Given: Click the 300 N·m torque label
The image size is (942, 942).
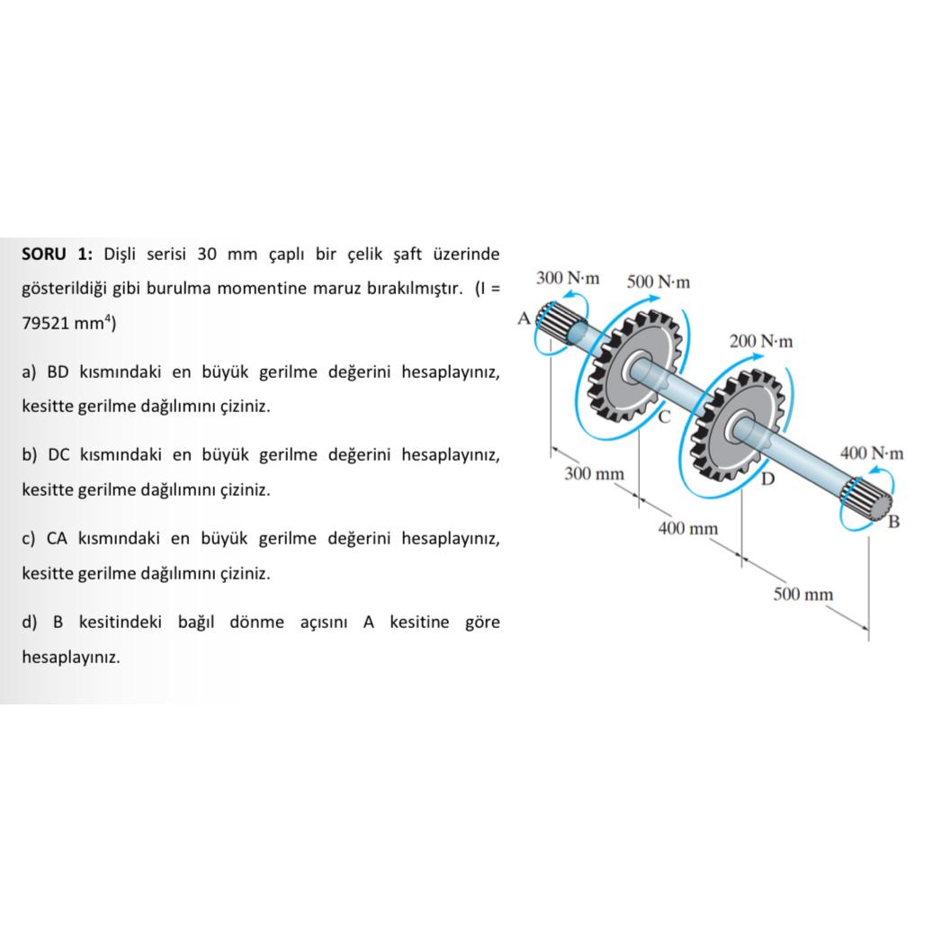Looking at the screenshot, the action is tap(567, 278).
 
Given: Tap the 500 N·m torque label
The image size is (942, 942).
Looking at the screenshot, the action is tap(659, 282).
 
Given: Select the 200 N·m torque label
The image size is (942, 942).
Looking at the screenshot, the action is tap(761, 341).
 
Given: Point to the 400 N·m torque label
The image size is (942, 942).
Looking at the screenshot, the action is tap(871, 453).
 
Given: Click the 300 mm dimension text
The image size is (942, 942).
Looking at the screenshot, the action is tap(594, 473).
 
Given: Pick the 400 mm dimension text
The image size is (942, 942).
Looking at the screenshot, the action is tap(688, 529).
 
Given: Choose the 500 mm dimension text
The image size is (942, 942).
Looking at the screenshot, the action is tap(803, 594).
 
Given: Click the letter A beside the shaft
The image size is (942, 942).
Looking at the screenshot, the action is tap(524, 318).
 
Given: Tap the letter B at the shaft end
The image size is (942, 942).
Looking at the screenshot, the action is tap(893, 522).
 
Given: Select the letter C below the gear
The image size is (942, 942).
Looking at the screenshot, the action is tap(664, 417).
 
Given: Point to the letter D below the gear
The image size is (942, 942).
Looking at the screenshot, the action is tap(767, 479).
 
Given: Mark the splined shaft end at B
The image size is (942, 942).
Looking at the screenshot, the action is tap(867, 500).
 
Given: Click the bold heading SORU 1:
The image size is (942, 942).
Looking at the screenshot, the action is tap(57, 254).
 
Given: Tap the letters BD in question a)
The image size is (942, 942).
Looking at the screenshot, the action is tap(58, 372).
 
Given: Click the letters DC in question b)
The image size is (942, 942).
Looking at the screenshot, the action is tap(58, 454).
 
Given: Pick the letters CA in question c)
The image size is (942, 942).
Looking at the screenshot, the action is tap(57, 538).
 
